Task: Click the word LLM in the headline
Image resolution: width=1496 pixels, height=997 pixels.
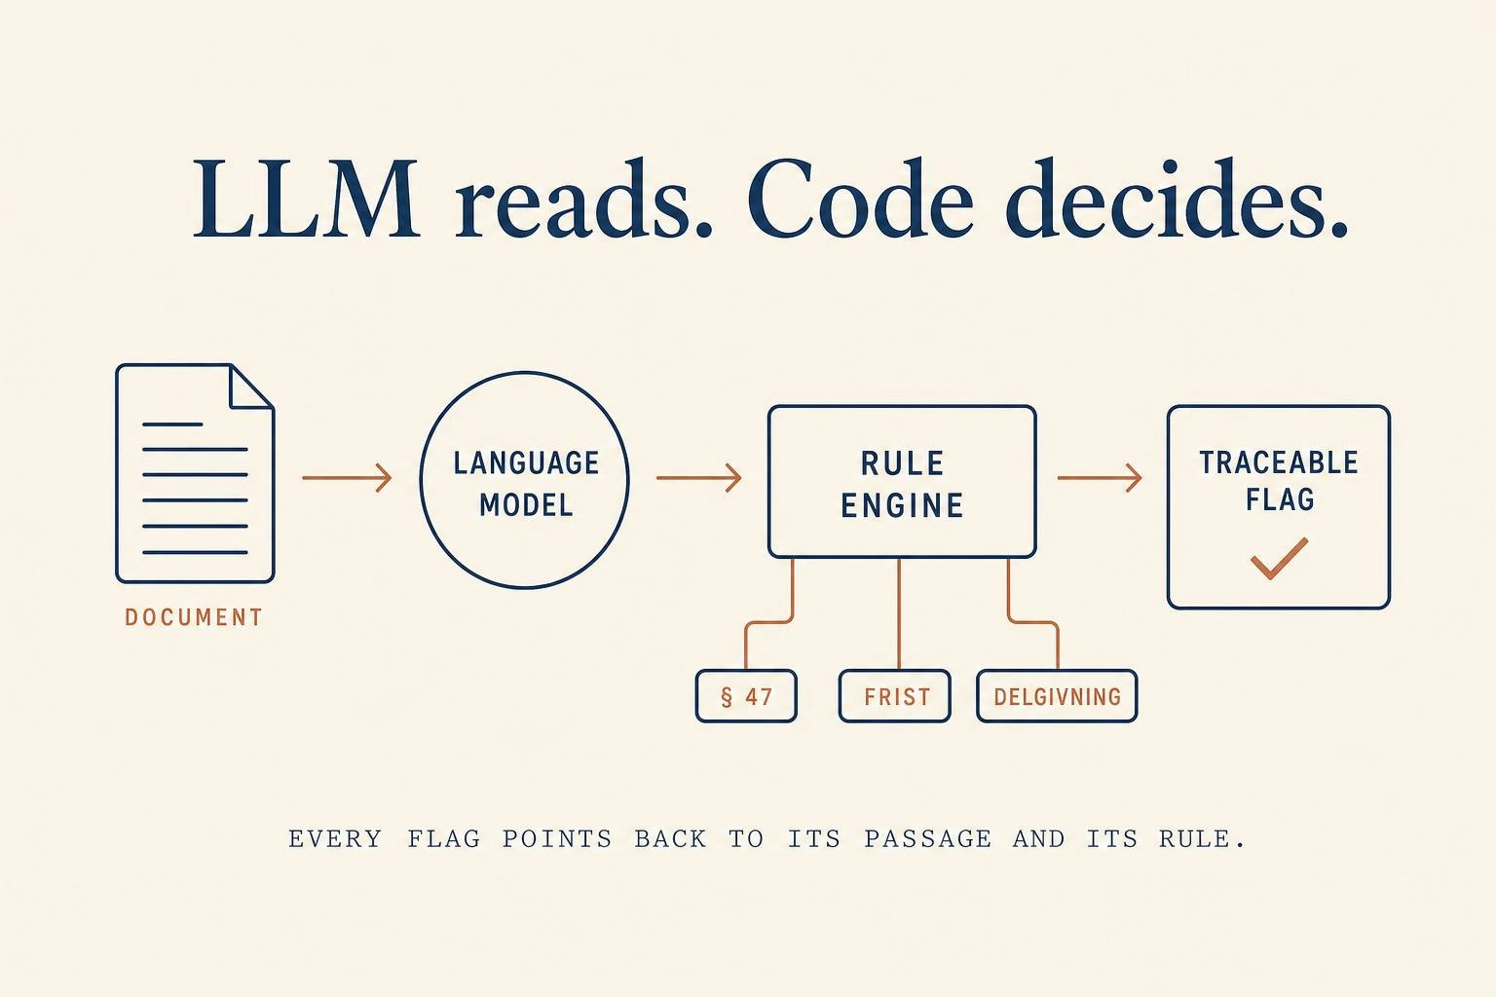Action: click(x=307, y=200)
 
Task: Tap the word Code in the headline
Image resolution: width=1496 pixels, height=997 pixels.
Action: click(x=860, y=199)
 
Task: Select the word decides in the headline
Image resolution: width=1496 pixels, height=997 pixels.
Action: click(x=1176, y=199)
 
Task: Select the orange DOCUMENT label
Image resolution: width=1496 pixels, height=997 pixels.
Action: click(x=194, y=617)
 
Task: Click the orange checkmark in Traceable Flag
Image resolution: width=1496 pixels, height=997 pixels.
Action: click(x=1279, y=558)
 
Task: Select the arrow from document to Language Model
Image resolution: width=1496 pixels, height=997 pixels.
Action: click(x=347, y=478)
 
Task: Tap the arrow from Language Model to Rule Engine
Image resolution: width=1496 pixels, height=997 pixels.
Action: click(x=698, y=478)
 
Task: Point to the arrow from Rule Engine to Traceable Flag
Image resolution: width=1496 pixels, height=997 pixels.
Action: click(x=1100, y=478)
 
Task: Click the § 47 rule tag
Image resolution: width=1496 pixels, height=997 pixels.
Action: click(x=746, y=696)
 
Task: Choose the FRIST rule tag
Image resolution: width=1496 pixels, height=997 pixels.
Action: click(x=895, y=696)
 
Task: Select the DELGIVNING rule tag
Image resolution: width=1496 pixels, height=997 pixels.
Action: click(x=1057, y=696)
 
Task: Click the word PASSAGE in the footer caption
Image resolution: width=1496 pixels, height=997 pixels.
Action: click(x=927, y=838)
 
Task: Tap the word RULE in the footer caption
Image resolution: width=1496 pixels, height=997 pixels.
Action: click(x=1202, y=838)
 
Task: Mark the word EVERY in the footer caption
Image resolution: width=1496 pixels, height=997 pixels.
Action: click(x=335, y=838)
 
